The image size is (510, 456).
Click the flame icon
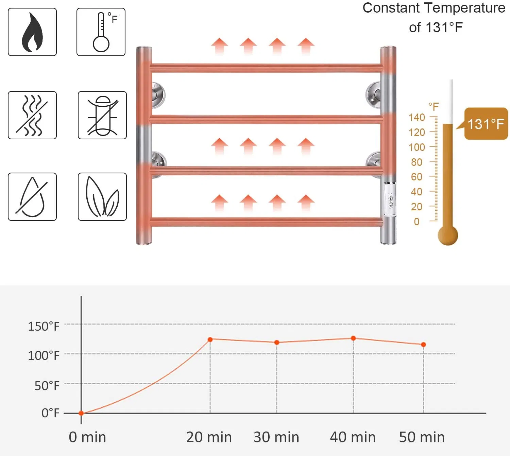(32, 32)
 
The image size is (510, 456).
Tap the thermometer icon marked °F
(101, 32)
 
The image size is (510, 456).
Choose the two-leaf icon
(102, 197)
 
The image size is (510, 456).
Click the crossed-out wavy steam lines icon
(32, 115)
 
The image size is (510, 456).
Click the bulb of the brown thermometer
(448, 235)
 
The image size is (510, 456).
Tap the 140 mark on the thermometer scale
(417, 117)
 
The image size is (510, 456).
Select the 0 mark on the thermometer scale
(417, 222)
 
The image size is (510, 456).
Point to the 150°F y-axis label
(44, 327)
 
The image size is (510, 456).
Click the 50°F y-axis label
(47, 386)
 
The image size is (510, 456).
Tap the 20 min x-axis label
(209, 437)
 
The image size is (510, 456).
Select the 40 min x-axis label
(353, 437)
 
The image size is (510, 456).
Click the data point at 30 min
(277, 342)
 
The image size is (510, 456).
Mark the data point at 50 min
(423, 345)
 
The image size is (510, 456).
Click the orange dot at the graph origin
(81, 413)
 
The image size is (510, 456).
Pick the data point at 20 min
(210, 339)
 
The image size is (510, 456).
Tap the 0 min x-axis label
(87, 437)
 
